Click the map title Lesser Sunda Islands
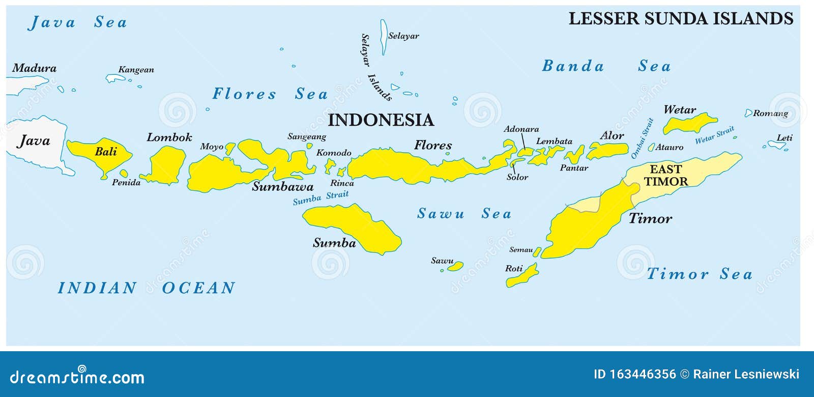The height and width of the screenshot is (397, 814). point(680,19)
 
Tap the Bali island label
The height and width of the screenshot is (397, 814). point(106,151)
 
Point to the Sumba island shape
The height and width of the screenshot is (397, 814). point(356,229)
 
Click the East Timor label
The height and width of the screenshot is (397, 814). point(665,176)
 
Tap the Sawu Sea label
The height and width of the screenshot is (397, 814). point(463,214)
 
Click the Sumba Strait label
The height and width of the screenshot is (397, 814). point(321,197)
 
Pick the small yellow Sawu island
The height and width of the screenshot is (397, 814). point(456,266)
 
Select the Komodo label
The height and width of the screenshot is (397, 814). point(334,153)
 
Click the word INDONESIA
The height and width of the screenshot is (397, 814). point(381,120)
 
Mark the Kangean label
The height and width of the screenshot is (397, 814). point(136,70)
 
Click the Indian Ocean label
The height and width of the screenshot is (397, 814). point(146,288)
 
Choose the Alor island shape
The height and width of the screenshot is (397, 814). point(608,150)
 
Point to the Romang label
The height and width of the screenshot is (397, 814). point(770,114)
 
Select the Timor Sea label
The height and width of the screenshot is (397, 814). point(699,274)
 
